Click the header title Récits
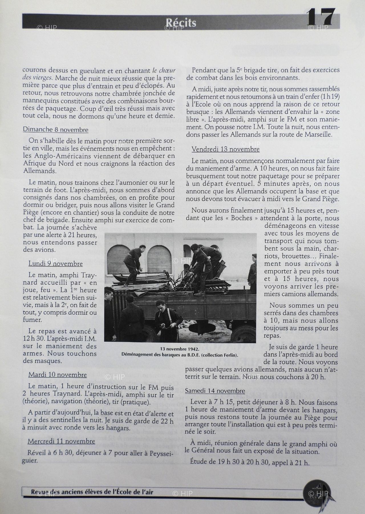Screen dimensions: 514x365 (181, 23)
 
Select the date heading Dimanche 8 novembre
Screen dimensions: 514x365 (56, 130)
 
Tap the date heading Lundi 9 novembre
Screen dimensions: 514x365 (56, 264)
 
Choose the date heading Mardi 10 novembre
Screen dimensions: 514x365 (58, 375)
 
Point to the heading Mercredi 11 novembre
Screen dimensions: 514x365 (61, 441)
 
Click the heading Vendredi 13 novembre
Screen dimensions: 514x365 (226, 149)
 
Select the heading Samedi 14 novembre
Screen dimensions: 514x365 (215, 391)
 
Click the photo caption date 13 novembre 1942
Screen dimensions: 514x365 (179, 349)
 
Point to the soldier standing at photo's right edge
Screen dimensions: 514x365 (252, 274)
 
